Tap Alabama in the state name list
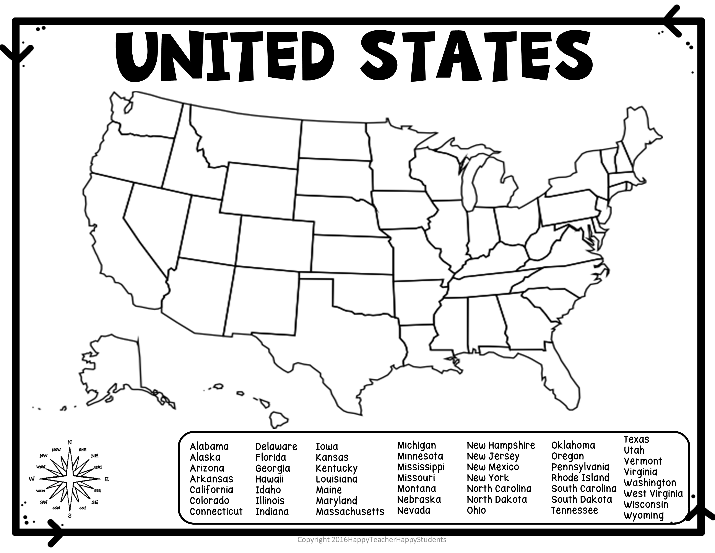(209, 447)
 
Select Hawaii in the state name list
(270, 479)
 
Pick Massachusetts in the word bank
(350, 511)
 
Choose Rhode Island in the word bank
(580, 478)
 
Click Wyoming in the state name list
(644, 515)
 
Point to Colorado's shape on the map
(275, 242)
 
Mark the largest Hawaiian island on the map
(278, 420)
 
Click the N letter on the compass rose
(69, 442)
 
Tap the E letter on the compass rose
(106, 479)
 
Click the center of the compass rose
(69, 479)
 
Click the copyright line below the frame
(372, 540)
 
